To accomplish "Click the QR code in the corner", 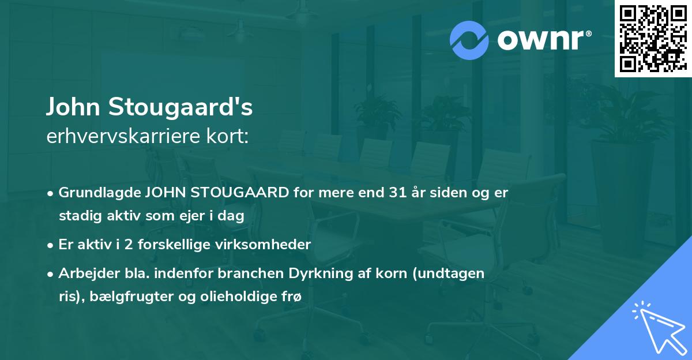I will point(653,38).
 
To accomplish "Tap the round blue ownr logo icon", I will point(469,40).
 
